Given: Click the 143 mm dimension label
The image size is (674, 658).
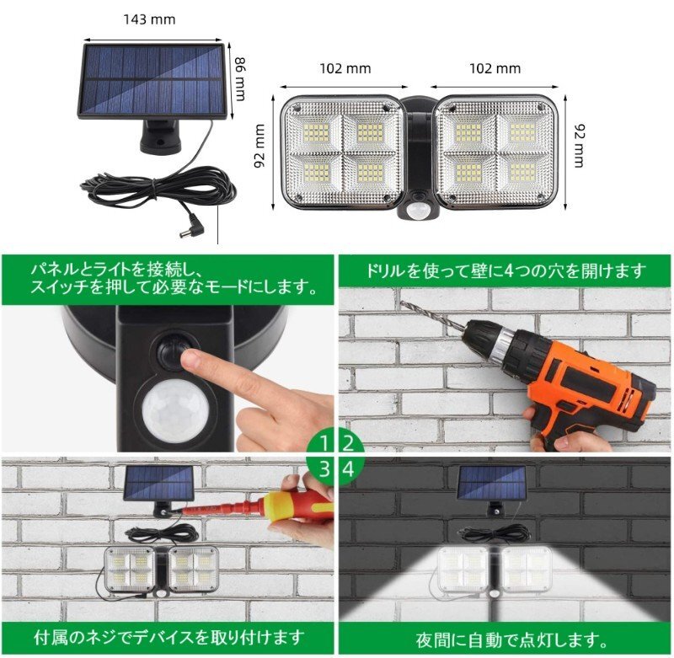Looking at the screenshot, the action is [149, 19].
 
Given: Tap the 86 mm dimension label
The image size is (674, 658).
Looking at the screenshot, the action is [240, 79].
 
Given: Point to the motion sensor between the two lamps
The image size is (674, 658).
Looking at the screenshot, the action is [416, 209].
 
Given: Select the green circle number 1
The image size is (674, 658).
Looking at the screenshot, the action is [324, 442].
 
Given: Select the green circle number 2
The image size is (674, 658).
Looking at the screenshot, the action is [348, 442].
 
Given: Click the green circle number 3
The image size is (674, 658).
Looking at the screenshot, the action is [324, 470].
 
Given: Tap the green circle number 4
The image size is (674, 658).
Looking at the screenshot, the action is [348, 470].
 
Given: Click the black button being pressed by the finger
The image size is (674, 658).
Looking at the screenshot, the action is [174, 351].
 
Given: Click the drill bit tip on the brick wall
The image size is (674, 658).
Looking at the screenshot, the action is [403, 302].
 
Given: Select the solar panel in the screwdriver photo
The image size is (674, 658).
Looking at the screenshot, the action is [158, 484].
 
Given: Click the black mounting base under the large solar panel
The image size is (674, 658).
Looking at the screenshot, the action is [160, 136].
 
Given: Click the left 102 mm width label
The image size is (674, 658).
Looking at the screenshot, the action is [345, 69].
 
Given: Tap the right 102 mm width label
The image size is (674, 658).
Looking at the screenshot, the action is [495, 69].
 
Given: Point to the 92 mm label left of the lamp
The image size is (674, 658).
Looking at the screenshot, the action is [259, 146].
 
